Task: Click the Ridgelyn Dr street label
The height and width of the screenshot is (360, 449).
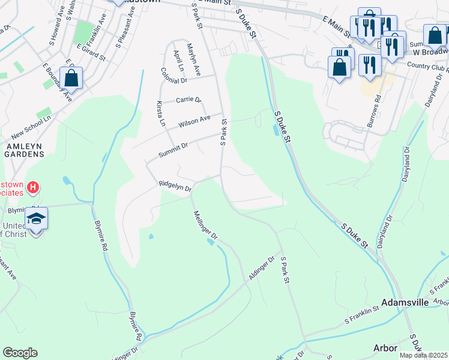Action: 175,186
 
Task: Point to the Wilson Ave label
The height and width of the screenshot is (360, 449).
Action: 194,123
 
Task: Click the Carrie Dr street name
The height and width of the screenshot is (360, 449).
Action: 188,100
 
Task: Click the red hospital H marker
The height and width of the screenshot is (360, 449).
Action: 34,188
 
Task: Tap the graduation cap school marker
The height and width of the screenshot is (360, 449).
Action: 36,218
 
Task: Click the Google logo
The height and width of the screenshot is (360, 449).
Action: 20,353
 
